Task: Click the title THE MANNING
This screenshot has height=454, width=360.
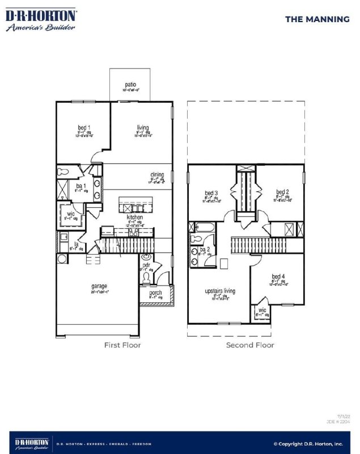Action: [317, 19]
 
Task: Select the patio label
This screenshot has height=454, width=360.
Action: [131, 85]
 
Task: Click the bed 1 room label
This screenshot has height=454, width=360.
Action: [84, 128]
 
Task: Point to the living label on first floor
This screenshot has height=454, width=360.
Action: [142, 128]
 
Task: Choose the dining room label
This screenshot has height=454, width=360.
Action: [157, 175]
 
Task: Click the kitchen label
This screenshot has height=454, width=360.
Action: [134, 217]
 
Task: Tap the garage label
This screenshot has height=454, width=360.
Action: [99, 287]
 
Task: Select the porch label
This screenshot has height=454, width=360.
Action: [155, 293]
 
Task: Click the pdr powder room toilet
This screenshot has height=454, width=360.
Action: [146, 277]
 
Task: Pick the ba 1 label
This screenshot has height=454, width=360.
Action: [81, 186]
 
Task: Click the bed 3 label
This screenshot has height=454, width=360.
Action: [211, 192]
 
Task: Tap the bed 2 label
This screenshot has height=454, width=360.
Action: [283, 192]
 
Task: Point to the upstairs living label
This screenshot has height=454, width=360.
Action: [219, 291]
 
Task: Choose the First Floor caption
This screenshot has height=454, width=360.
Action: [122, 345]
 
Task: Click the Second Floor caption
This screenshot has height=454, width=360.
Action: [250, 345]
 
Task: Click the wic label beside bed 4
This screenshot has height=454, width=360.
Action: [262, 310]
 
